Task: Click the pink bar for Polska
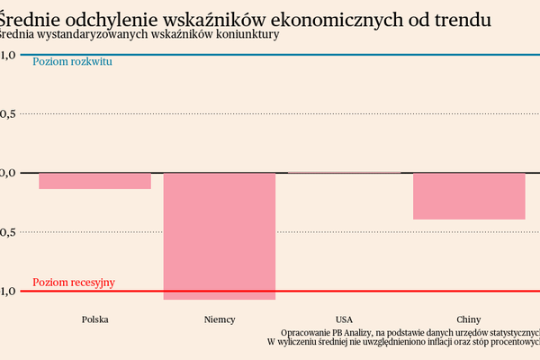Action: tap(95, 181)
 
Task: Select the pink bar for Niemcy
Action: tap(219, 236)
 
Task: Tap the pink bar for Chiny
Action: tap(469, 196)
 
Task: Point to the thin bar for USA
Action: tap(344, 172)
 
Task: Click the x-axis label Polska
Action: tap(95, 319)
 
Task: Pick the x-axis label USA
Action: tap(344, 319)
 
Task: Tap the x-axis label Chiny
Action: tap(468, 319)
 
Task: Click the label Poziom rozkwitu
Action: tap(73, 62)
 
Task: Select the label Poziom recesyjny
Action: tap(74, 283)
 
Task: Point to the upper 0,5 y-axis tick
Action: tap(8, 113)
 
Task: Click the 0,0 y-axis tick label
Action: tap(8, 173)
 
